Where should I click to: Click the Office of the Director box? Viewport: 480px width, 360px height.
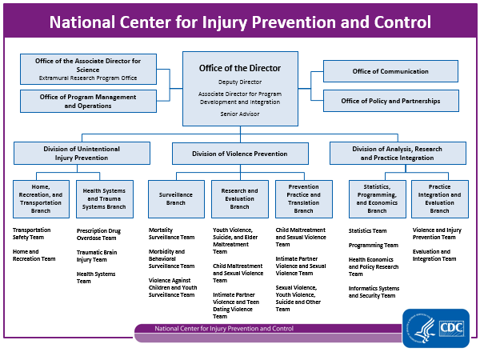240,88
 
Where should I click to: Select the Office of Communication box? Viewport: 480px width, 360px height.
390,71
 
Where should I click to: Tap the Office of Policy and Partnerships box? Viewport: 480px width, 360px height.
390,101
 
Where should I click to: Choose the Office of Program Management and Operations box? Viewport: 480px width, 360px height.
87,101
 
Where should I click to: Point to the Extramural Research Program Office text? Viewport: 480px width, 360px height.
87,78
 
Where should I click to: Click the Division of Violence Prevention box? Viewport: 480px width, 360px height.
240,153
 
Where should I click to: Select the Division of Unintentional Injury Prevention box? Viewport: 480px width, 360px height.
82,153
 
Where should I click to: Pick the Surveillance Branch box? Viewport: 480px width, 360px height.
177,198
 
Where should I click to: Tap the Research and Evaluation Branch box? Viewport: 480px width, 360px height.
240,198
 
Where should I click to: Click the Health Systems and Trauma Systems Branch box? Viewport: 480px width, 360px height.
104,198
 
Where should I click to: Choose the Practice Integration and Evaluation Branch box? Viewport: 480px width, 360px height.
439,198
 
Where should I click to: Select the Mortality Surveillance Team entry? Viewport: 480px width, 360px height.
171,234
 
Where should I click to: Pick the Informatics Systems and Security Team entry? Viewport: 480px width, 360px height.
372,292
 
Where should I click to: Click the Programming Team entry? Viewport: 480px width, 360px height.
368,246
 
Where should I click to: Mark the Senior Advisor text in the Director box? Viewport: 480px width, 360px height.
240,114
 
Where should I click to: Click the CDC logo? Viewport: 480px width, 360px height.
436,328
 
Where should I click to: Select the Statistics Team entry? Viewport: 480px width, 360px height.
367,230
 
